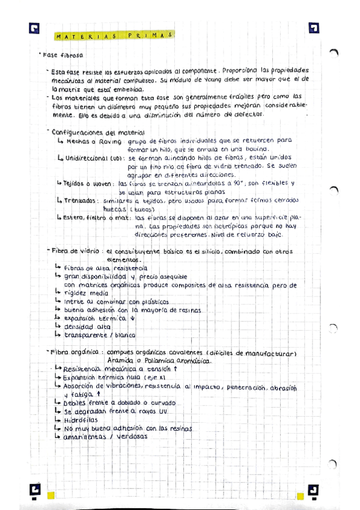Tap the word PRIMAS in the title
pyautogui.click(x=150, y=35)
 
